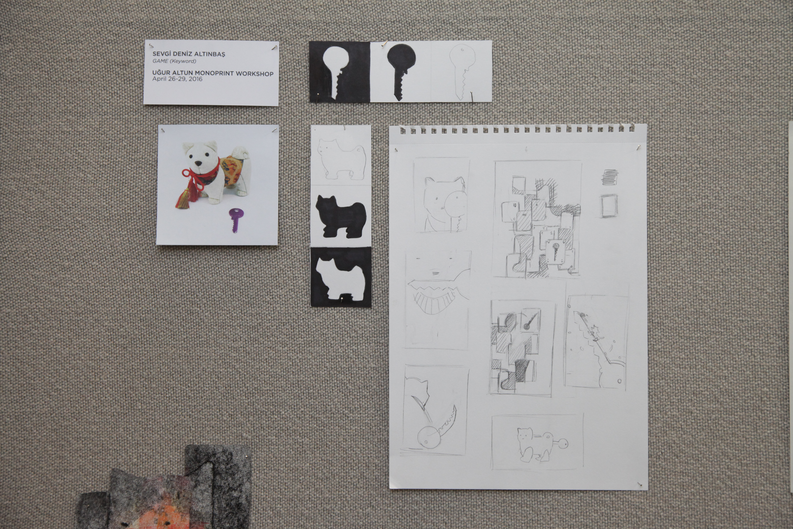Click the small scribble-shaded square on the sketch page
610,177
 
